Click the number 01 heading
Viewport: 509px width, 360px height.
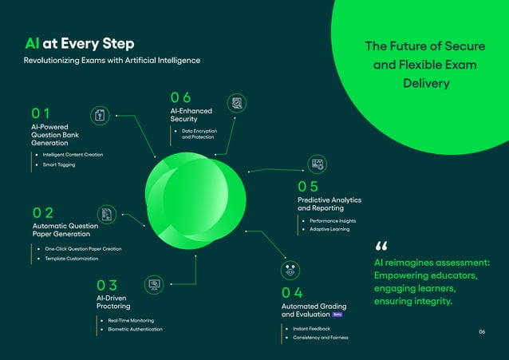41,114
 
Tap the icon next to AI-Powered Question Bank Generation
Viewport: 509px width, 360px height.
100,116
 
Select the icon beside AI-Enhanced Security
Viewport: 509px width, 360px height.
236,103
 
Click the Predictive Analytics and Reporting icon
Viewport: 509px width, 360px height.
317,164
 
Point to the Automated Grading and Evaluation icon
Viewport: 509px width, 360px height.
289,270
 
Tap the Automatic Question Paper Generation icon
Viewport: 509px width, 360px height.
107,214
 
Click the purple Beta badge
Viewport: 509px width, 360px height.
337,315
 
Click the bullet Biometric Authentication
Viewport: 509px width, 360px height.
135,329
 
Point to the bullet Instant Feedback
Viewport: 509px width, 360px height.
311,328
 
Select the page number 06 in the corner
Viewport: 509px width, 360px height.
482,331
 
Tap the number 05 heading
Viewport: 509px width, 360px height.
308,187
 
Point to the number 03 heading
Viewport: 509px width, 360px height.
107,285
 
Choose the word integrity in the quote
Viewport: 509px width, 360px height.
431,302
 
